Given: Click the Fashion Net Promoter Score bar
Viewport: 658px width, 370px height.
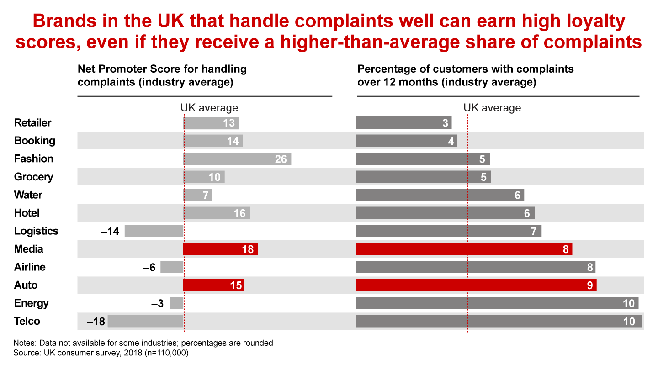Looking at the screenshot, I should [237, 159].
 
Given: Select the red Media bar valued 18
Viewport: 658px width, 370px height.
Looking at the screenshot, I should [221, 249].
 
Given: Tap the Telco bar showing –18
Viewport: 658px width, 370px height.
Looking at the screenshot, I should [145, 321].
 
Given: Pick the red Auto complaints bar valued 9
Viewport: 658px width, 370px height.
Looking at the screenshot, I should [476, 285].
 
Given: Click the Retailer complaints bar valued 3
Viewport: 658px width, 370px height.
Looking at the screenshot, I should [403, 123].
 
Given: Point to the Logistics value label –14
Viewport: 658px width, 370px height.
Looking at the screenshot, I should [110, 231].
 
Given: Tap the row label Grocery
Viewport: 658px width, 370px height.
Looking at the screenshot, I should [34, 177].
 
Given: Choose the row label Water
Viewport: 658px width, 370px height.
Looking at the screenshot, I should [28, 195].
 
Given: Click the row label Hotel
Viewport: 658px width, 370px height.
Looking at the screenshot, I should [27, 213].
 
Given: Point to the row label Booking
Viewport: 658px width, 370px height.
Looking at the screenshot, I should [35, 141].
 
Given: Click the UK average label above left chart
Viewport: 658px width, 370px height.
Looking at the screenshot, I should [209, 108].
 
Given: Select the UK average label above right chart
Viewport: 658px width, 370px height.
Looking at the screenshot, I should [492, 108].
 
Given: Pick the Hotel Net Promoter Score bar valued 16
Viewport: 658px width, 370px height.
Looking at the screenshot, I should [217, 213].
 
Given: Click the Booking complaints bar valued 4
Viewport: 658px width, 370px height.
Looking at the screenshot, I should [406, 141].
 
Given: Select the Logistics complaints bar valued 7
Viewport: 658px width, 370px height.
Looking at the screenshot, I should [448, 231].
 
